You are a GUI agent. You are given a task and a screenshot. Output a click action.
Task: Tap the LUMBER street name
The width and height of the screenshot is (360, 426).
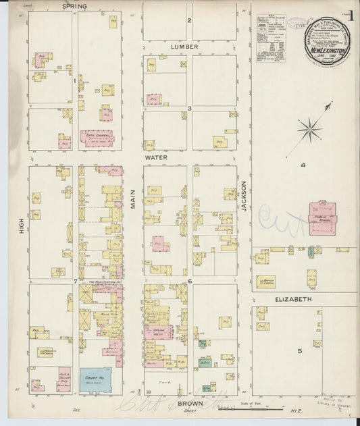pos(184,47)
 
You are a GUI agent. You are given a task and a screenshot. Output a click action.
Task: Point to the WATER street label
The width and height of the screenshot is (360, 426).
pos(155,157)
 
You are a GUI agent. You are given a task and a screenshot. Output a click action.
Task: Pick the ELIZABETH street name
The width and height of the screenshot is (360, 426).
pos(292,298)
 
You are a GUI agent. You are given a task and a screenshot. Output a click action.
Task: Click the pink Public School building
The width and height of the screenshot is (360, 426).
pos(322,219)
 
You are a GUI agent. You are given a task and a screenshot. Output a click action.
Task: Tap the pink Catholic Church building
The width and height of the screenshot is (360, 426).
pos(97,138)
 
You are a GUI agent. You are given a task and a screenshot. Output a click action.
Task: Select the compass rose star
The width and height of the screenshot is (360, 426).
pos(310,126)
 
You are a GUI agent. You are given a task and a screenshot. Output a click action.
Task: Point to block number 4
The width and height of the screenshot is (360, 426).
pos(303,165)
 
